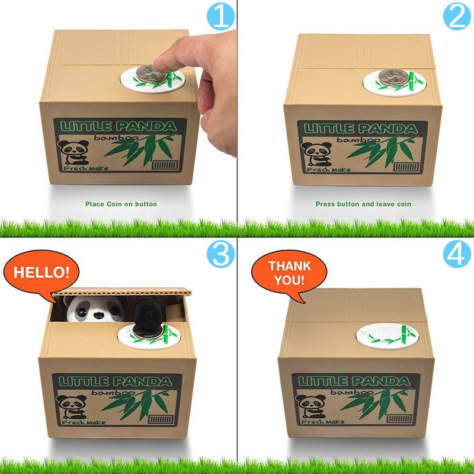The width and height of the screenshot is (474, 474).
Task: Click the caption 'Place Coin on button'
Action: (x=121, y=204)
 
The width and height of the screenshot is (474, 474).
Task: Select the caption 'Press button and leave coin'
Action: (x=363, y=204)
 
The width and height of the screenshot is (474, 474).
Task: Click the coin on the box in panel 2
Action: (x=391, y=76)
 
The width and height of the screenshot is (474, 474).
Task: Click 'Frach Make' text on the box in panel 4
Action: (x=320, y=422)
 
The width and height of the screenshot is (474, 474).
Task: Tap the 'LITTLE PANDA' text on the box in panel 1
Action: (x=118, y=126)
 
